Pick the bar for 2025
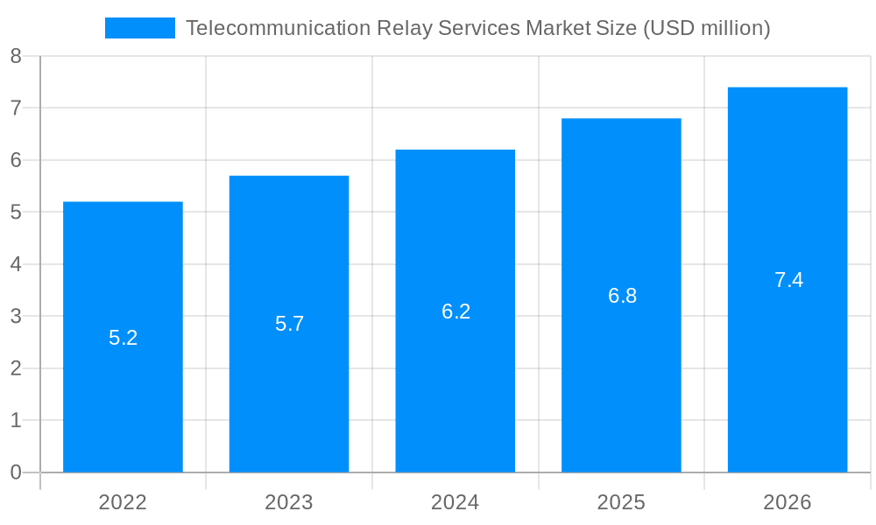(621, 385)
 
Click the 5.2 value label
(124, 338)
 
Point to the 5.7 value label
(290, 324)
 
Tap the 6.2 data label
(456, 311)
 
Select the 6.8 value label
(623, 296)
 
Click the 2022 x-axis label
(123, 502)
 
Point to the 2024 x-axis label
(456, 502)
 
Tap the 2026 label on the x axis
(788, 502)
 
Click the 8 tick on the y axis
(16, 56)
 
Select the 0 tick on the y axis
(16, 472)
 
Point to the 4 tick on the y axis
(16, 264)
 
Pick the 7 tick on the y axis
(16, 108)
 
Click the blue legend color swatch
(140, 28)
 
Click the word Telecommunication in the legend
(279, 28)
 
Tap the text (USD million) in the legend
(707, 28)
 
